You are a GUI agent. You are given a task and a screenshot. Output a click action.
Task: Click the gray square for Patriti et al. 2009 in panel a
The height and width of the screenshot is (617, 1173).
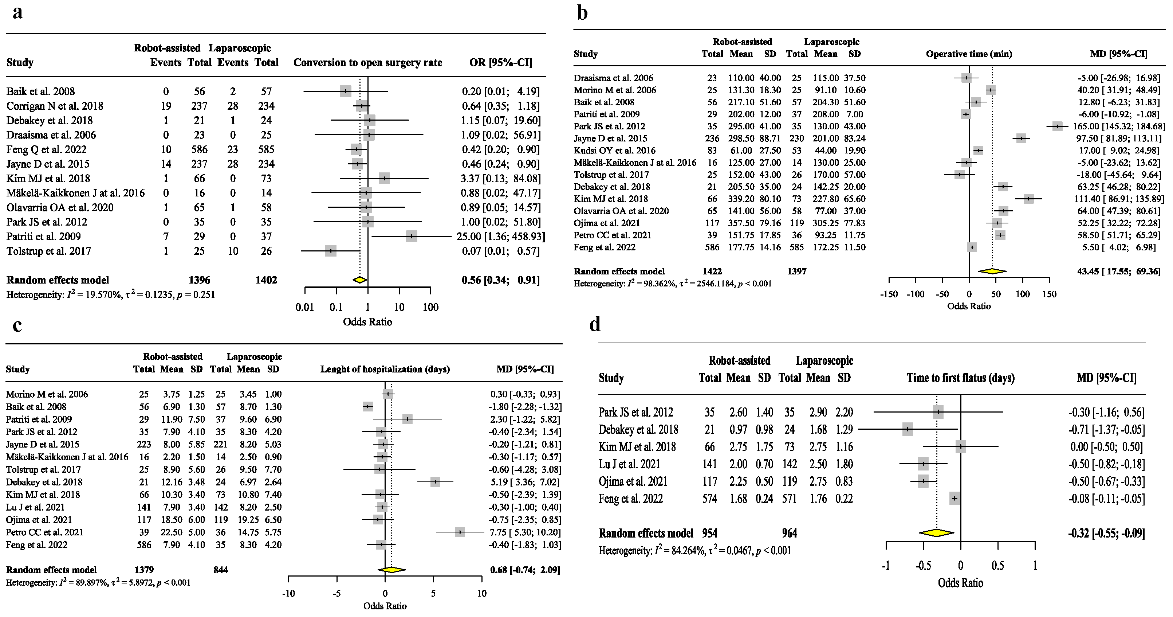coord(411,236)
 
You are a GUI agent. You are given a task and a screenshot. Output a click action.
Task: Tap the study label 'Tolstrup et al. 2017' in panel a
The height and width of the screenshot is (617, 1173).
coord(49,251)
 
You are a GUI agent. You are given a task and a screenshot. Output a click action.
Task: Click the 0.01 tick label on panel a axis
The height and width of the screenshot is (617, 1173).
coord(305,307)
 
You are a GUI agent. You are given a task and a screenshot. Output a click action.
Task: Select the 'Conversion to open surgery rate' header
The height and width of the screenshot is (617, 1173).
coord(367,62)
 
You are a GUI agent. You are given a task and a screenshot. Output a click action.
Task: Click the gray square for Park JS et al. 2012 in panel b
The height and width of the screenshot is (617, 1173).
coord(1057,126)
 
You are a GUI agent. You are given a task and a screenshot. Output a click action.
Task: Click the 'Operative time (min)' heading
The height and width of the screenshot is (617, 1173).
coord(969,54)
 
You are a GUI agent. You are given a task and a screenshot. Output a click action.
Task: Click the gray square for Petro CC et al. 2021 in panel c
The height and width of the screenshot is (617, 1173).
coord(460,532)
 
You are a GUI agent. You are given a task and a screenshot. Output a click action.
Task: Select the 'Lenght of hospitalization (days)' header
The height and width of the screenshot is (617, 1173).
coord(385,369)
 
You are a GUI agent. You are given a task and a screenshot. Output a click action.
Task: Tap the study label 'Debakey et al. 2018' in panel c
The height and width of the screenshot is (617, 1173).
coord(44,482)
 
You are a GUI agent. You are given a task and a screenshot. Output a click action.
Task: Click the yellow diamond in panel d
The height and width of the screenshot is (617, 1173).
coord(936,533)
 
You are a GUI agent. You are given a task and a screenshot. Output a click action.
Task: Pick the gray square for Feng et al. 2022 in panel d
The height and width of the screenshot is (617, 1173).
coord(954,499)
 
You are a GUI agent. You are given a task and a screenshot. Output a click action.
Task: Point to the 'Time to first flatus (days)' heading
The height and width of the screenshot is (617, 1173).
coord(960,378)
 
